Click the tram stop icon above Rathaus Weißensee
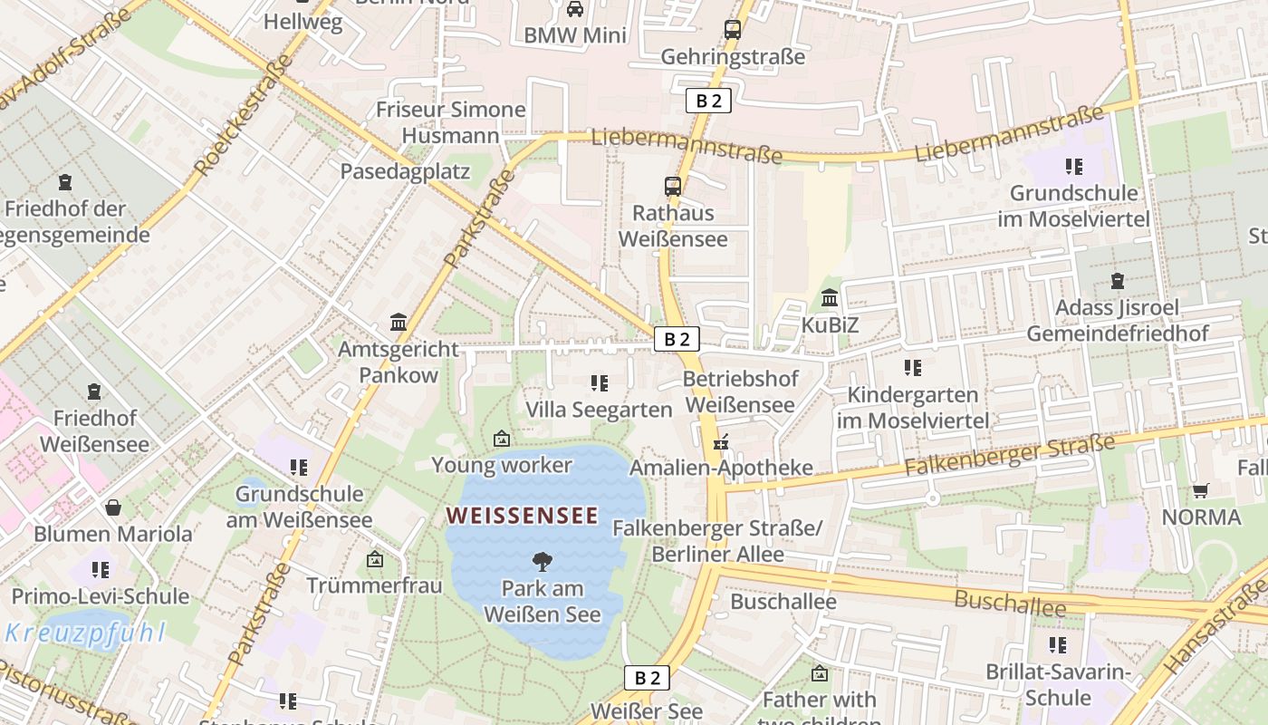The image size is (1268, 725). (x=672, y=187)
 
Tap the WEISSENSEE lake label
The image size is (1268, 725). (x=523, y=516)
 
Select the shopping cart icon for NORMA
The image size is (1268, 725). (x=1201, y=490)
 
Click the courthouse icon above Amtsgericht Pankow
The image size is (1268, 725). (x=398, y=322)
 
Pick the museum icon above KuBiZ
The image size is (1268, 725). (x=830, y=297)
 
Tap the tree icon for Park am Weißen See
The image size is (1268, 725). (x=542, y=561)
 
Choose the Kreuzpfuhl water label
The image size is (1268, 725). (x=85, y=633)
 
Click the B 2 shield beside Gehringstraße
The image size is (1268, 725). (x=707, y=101)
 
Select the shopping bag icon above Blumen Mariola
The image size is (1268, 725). (x=113, y=507)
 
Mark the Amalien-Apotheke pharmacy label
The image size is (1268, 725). (x=721, y=468)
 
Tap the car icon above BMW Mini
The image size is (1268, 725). (x=574, y=9)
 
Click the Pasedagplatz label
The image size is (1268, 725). (x=405, y=171)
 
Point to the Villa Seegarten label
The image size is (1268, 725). (x=599, y=410)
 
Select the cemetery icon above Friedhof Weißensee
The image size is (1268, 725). (x=94, y=391)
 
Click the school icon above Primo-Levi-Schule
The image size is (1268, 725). (x=101, y=569)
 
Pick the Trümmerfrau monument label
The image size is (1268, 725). (x=374, y=585)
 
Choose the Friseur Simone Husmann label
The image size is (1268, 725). (x=450, y=122)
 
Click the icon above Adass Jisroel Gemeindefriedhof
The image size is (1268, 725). (x=1117, y=281)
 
